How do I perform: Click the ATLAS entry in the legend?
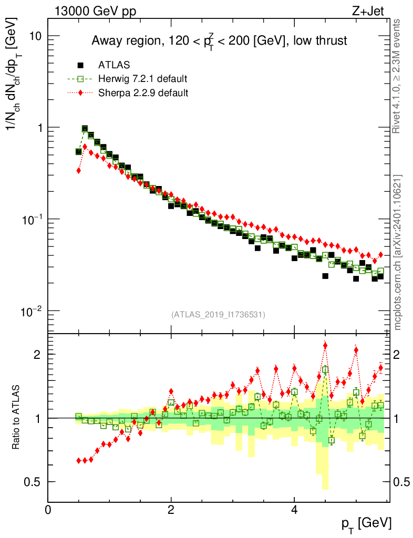[x=114, y=65]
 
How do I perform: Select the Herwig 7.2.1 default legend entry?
[x=142, y=79]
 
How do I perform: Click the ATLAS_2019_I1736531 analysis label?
[x=218, y=315]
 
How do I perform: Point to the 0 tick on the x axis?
[x=48, y=509]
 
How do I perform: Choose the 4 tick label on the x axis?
[x=294, y=509]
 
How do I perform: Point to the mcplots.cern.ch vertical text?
[x=398, y=252]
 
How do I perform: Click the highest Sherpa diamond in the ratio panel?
[x=325, y=345]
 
